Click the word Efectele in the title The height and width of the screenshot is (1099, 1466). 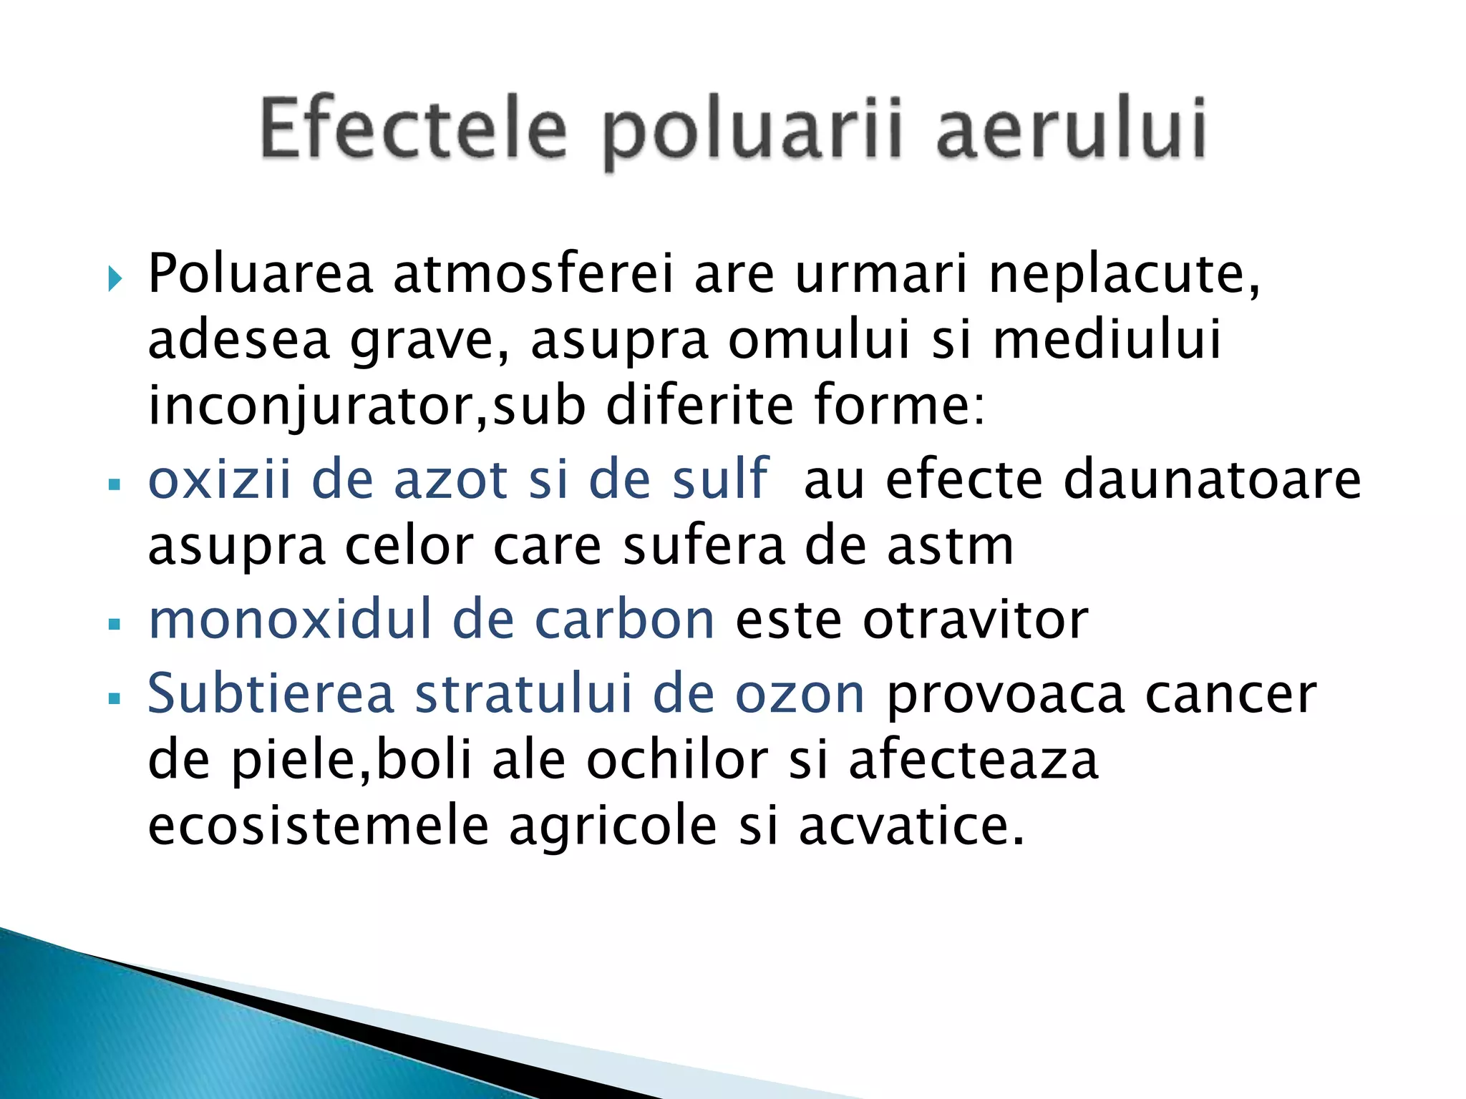[413, 129]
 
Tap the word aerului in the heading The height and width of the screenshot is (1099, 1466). [1072, 129]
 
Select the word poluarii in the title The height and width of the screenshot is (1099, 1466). [751, 132]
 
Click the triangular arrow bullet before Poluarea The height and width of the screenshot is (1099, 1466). [115, 278]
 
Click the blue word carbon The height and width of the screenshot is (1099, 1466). [624, 620]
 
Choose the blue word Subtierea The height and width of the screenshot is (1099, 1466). [271, 693]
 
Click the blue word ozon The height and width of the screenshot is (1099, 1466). [800, 695]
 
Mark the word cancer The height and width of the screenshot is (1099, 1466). [1230, 695]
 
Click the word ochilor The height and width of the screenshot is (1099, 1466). [677, 760]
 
